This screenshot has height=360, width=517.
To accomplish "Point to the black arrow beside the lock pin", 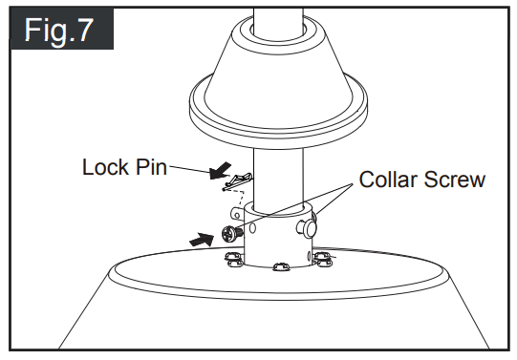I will point(219,172).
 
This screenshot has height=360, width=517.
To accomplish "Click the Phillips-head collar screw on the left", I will point(229,232).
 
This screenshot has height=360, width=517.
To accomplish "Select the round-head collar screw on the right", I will point(307,226).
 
